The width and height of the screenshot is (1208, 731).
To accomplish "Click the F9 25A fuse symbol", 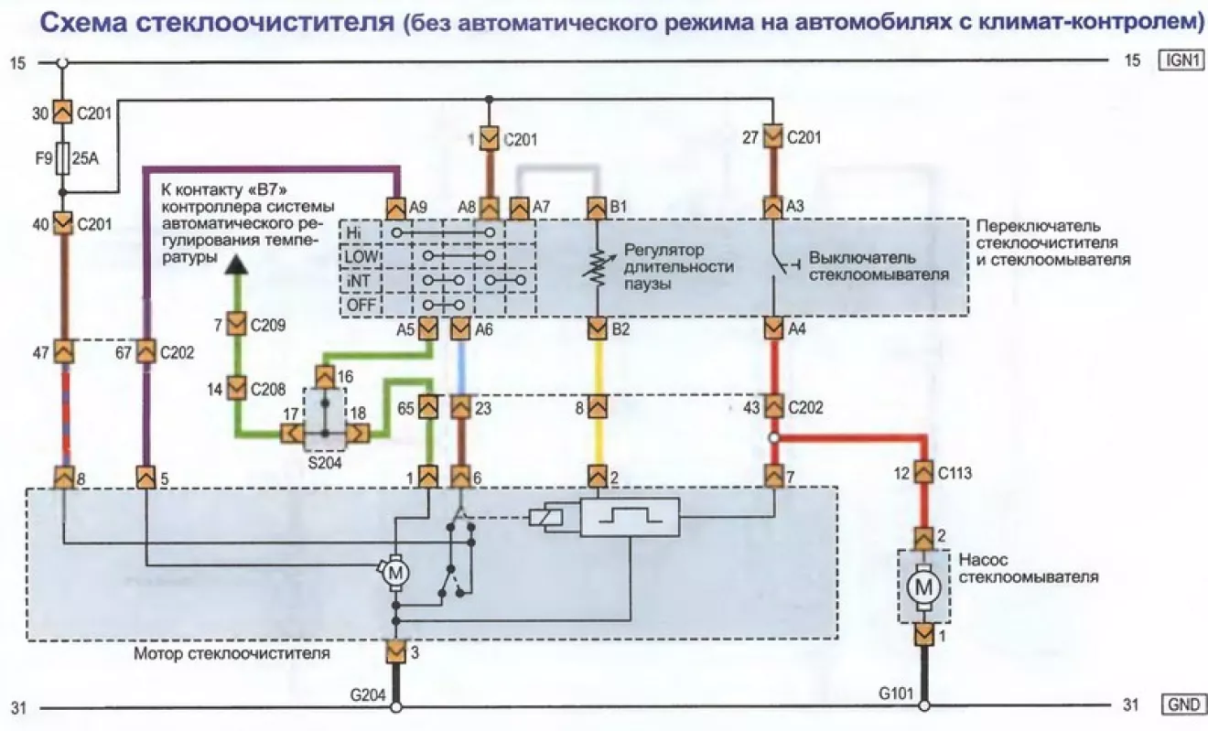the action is click(x=62, y=158).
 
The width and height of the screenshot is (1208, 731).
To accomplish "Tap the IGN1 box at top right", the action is click(x=1181, y=60).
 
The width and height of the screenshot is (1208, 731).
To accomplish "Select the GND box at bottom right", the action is click(x=1183, y=704).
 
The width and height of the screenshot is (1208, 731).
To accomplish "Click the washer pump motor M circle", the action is click(x=923, y=587).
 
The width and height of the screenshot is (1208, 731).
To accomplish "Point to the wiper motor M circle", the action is click(x=396, y=573).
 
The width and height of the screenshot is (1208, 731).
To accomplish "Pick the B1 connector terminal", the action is click(x=597, y=208).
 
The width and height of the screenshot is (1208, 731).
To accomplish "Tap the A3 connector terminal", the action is click(x=772, y=208).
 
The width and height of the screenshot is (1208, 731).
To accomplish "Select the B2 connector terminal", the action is click(x=597, y=328).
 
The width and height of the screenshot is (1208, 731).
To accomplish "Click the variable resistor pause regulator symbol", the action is click(x=597, y=267).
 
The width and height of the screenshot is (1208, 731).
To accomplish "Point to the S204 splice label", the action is click(x=325, y=463).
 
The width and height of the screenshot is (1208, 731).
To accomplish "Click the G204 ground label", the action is click(x=368, y=695).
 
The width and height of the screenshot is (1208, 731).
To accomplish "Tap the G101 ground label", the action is click(x=896, y=693).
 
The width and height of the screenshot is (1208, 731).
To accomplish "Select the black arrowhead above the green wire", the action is click(x=236, y=266).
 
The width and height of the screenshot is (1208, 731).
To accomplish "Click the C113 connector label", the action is click(x=955, y=473).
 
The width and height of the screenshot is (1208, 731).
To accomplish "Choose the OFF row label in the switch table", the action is click(x=361, y=305).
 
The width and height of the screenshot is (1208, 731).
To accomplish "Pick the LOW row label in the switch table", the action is click(x=361, y=256).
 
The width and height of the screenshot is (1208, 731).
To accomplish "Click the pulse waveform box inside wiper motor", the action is click(x=630, y=517).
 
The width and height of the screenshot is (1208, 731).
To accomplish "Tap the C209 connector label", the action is click(x=268, y=325).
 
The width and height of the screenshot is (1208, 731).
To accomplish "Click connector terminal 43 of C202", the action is click(x=774, y=407).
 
